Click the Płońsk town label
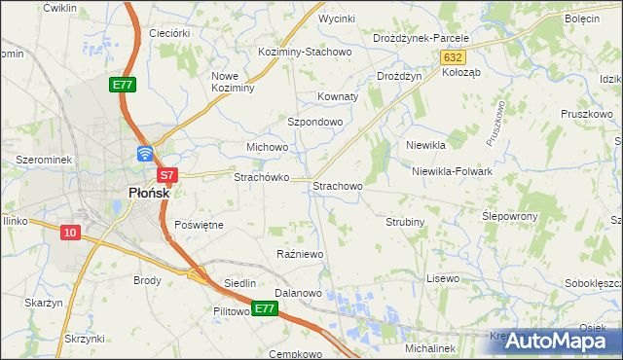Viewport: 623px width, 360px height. (x=149, y=193)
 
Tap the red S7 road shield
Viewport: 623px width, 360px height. (x=167, y=175)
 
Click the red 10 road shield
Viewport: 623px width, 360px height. (x=70, y=233)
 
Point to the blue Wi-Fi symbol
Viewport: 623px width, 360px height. (x=145, y=153)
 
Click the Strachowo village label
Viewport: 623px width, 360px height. (x=337, y=185)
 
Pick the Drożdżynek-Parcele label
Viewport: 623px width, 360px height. (x=421, y=38)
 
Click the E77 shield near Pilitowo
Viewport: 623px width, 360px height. (x=265, y=308)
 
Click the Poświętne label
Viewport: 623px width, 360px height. (x=199, y=225)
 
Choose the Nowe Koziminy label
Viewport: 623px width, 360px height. (x=233, y=82)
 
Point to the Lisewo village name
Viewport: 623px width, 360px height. (x=443, y=278)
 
